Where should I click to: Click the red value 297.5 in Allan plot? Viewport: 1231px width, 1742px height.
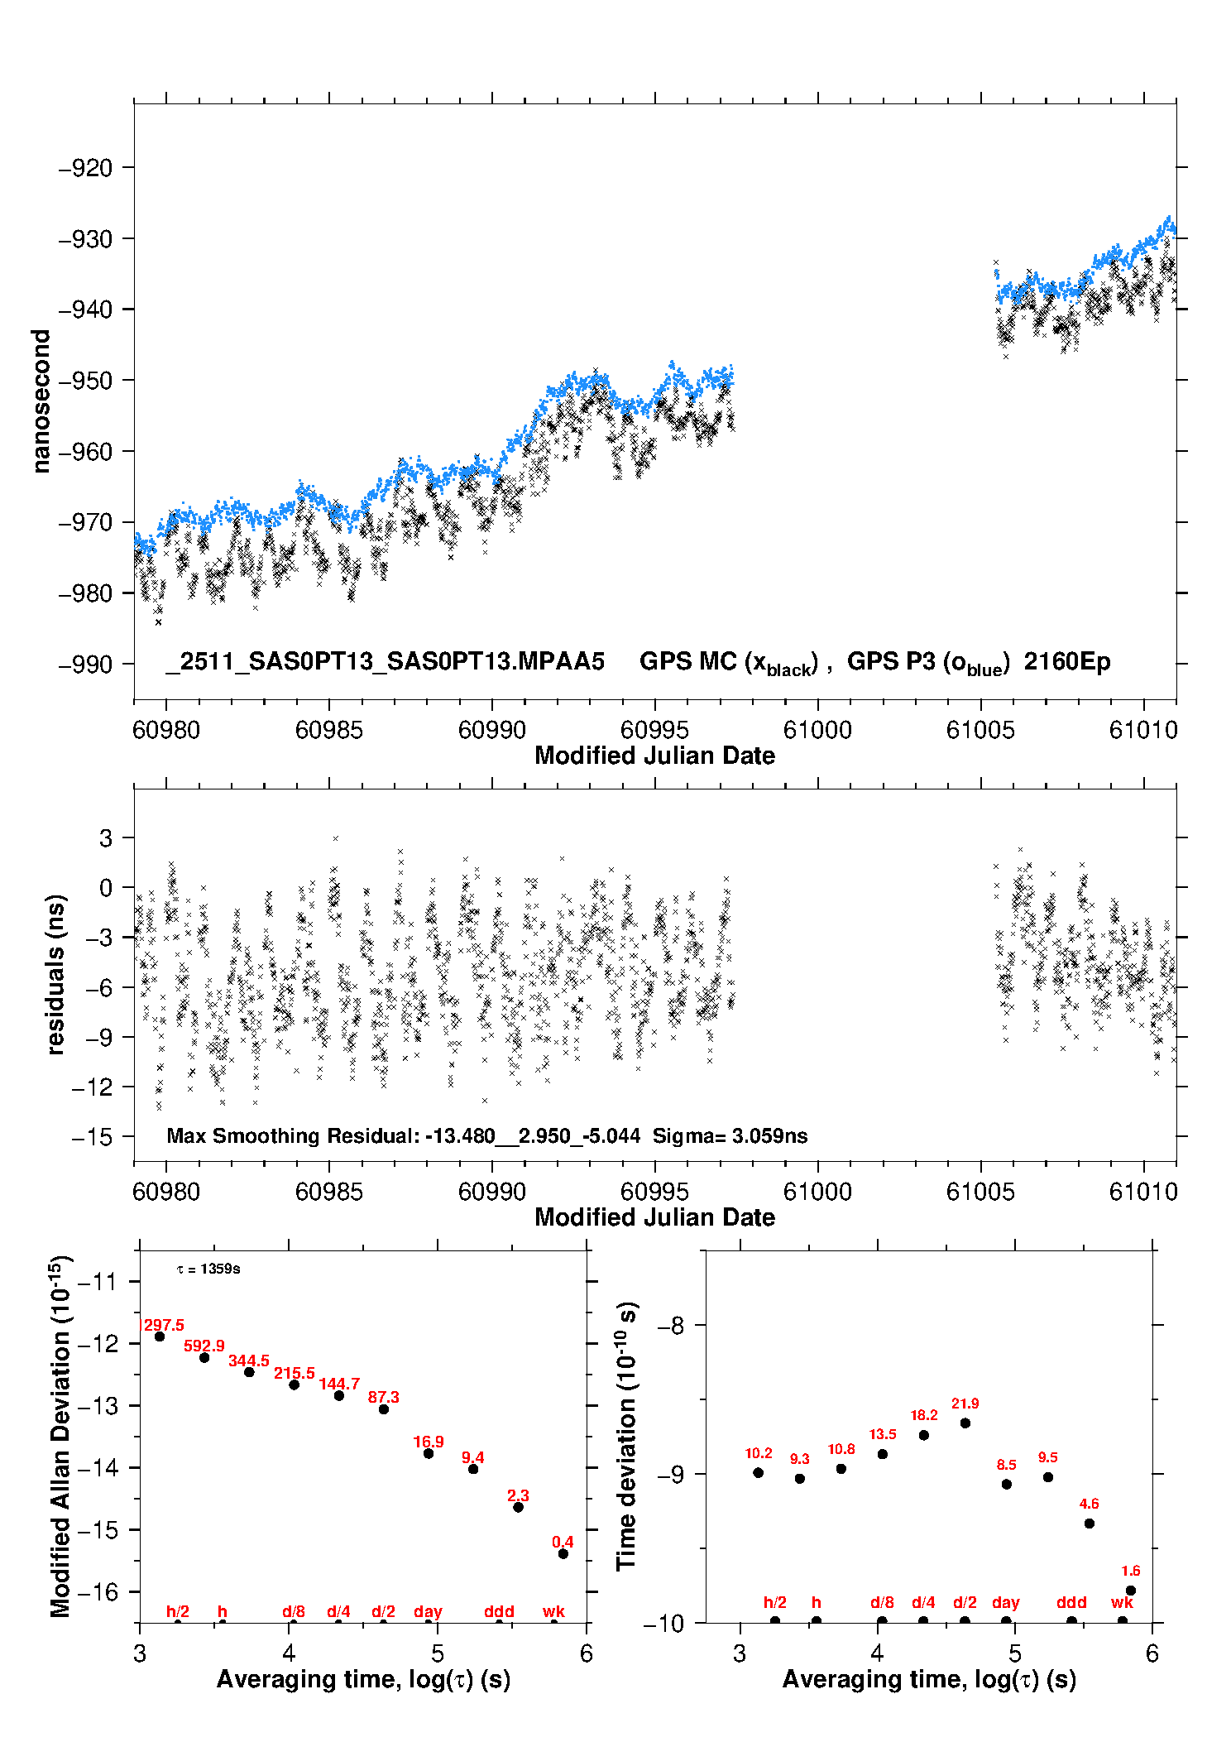(x=164, y=1325)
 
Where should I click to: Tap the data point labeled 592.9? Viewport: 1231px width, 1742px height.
(x=204, y=1357)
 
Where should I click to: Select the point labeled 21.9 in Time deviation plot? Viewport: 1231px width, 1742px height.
(x=965, y=1423)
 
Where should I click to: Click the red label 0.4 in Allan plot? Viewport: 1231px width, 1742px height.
(x=563, y=1542)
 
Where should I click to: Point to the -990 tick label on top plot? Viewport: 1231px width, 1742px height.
(x=85, y=664)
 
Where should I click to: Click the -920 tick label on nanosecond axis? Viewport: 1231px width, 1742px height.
(x=85, y=168)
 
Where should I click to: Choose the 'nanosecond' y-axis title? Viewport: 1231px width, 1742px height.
(x=41, y=401)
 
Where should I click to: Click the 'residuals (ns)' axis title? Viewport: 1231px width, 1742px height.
(x=55, y=974)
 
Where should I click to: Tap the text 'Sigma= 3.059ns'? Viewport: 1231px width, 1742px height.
(x=730, y=1135)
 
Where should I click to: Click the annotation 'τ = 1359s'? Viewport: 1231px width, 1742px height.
(x=208, y=1269)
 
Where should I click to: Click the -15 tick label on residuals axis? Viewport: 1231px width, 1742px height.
(x=92, y=1137)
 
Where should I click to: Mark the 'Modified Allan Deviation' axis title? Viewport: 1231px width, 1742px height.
(x=60, y=1435)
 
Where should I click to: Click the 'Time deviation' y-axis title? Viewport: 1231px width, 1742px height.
(x=626, y=1436)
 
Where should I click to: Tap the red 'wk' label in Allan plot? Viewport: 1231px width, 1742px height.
(x=553, y=1611)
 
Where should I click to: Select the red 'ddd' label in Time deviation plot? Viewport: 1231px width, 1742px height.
(x=1071, y=1602)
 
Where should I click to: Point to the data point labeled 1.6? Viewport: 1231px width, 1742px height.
(x=1131, y=1591)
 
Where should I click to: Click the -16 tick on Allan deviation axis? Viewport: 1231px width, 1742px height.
(x=98, y=1591)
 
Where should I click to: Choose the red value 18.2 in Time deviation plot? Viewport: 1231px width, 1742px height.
(x=924, y=1415)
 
